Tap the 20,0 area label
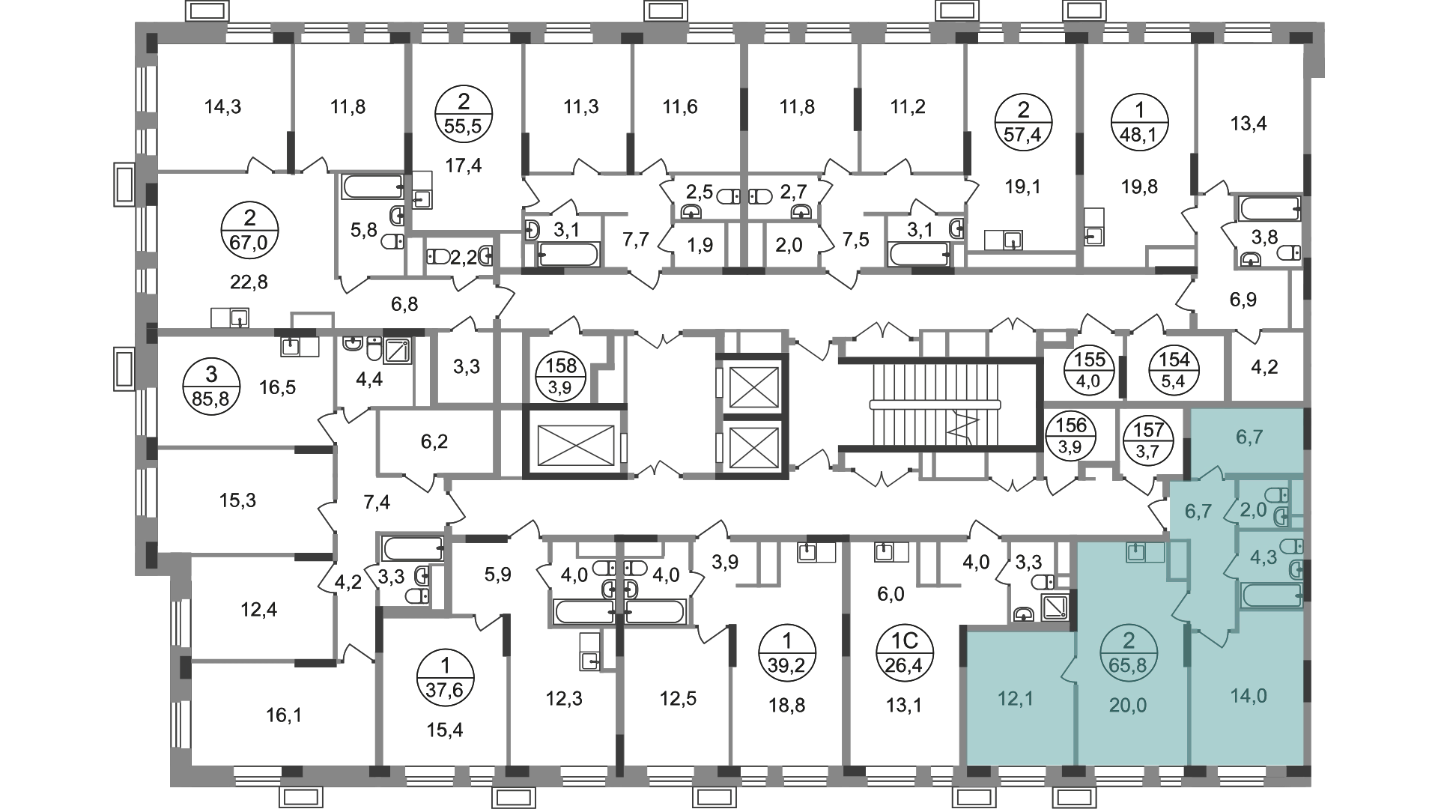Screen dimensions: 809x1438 [1128, 705]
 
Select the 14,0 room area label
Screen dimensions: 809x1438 [1249, 696]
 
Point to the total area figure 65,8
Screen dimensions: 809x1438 [1128, 663]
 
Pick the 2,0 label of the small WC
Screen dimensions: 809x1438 [1252, 510]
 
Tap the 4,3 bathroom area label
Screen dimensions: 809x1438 [1263, 558]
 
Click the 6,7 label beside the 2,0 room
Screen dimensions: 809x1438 [1198, 511]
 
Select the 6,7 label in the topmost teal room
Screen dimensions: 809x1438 [1249, 436]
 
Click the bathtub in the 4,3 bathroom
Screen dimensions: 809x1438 [1271, 597]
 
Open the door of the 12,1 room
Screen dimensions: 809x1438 [1069, 669]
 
